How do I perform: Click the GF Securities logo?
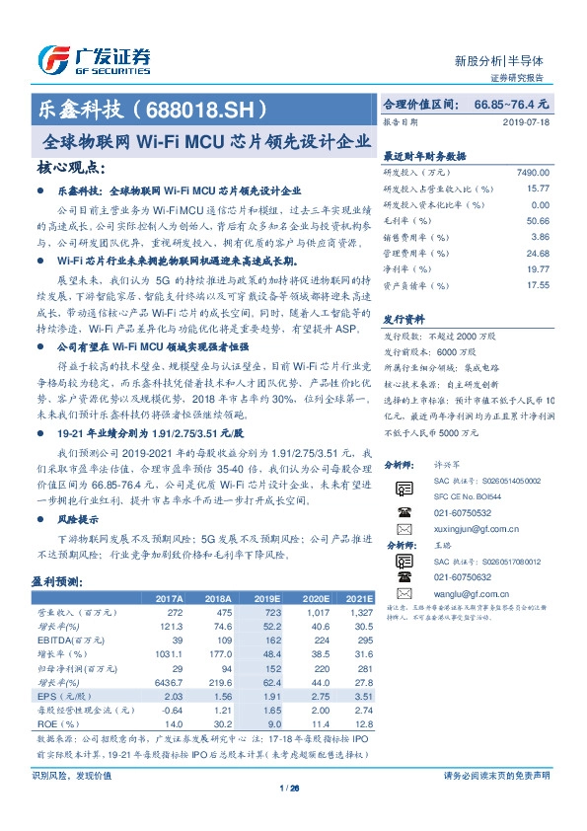click(94, 59)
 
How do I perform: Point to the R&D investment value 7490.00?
click(531, 172)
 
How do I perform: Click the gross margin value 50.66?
click(537, 221)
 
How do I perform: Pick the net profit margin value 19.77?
click(537, 268)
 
